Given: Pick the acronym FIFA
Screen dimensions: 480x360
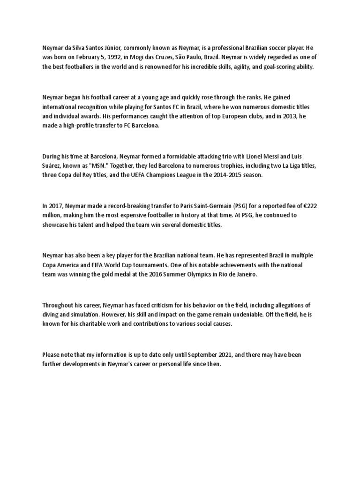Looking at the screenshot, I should point(87,265).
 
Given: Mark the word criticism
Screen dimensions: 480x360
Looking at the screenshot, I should point(172,305).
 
